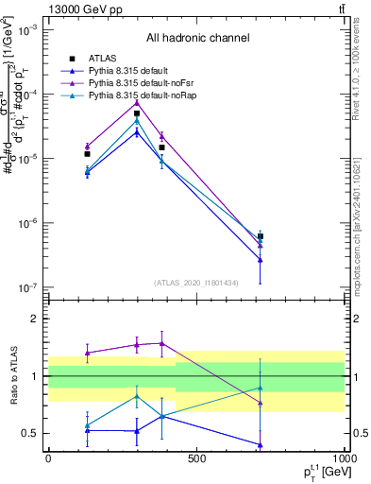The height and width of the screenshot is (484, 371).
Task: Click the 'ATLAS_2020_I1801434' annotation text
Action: pyautogui.click(x=196, y=282)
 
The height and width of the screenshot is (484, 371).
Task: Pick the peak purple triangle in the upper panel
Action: pyautogui.click(x=137, y=101)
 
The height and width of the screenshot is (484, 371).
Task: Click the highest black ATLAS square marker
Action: pyautogui.click(x=137, y=113)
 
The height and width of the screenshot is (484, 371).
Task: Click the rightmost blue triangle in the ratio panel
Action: pyautogui.click(x=260, y=444)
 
